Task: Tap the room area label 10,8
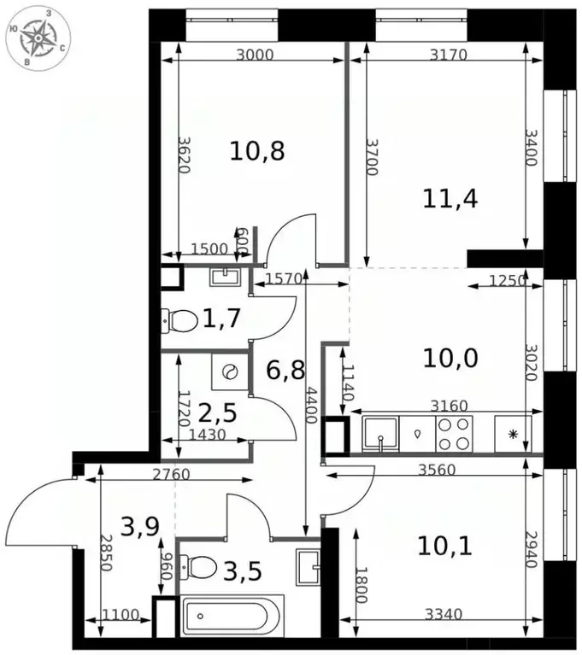coord(256,151)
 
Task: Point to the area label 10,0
coord(450,357)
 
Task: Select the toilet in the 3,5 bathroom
coord(203,565)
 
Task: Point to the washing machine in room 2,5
coord(229,372)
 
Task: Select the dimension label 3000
coord(255,56)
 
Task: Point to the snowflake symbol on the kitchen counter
coord(513,434)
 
